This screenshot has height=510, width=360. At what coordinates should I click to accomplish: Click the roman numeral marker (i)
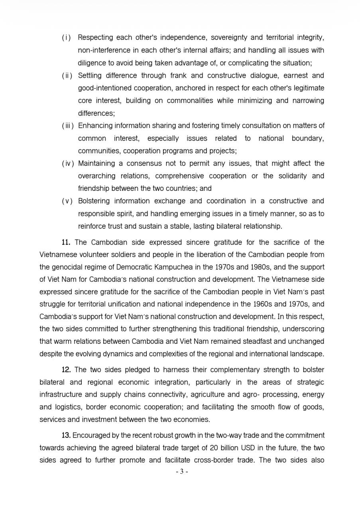pos(67,37)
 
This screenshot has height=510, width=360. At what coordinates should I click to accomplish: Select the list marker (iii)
pos(68,126)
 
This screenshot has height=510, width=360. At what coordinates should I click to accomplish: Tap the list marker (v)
pos(67,201)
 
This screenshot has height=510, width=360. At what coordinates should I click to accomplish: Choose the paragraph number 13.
pos(66,435)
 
